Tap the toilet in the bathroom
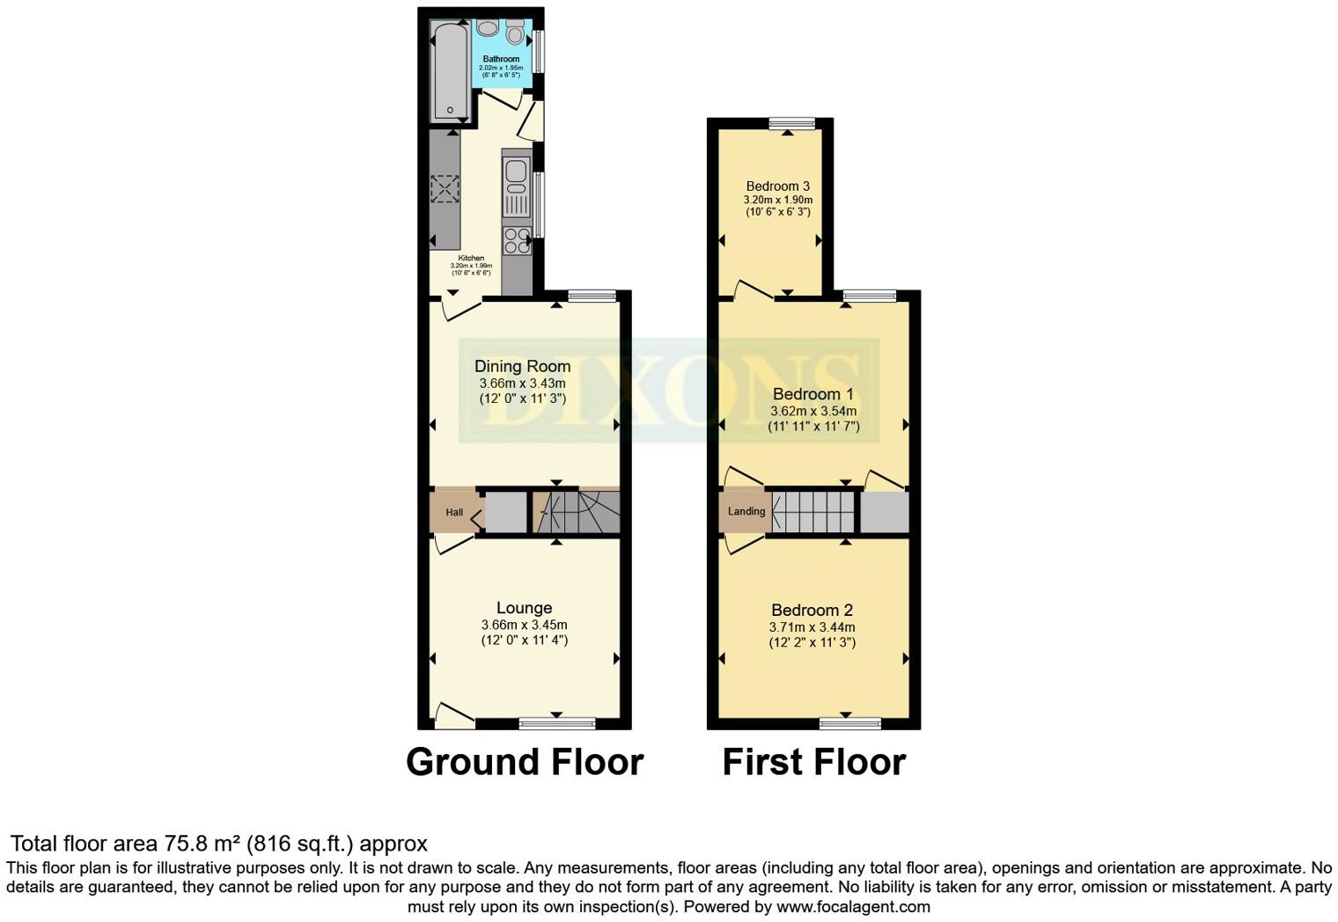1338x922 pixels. [x=515, y=33]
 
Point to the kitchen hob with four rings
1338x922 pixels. [x=517, y=240]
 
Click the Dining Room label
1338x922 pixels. [x=522, y=366]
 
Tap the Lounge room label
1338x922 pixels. [x=524, y=608]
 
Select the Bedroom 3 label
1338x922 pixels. [x=777, y=187]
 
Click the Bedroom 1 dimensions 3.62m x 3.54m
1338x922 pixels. [x=812, y=411]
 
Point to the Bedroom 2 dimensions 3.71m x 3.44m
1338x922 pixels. [x=812, y=627]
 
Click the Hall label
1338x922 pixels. [x=454, y=512]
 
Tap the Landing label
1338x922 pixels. [x=746, y=511]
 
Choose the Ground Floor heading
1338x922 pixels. [x=524, y=762]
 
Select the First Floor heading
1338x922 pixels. [x=813, y=762]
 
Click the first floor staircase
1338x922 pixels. [x=812, y=512]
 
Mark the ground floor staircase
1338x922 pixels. [x=577, y=512]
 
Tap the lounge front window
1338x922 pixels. [x=556, y=724]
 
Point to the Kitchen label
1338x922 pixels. [x=471, y=259]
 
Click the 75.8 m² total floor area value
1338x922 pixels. [x=202, y=845]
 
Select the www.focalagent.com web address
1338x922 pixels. [x=853, y=906]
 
